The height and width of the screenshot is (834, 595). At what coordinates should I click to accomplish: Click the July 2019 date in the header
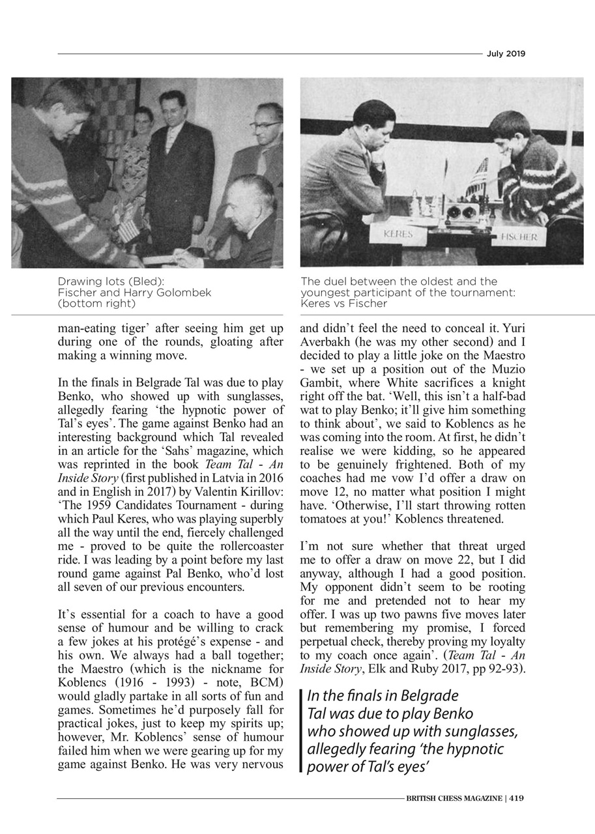(505, 54)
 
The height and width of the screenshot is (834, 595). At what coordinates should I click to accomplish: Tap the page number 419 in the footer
(517, 798)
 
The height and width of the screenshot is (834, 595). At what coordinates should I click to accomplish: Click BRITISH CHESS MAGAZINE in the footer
(454, 798)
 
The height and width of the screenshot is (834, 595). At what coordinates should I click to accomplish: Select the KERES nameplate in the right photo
(398, 234)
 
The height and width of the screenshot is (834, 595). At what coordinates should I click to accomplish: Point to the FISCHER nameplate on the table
(519, 237)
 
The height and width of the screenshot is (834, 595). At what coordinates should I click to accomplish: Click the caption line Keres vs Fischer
(344, 304)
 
